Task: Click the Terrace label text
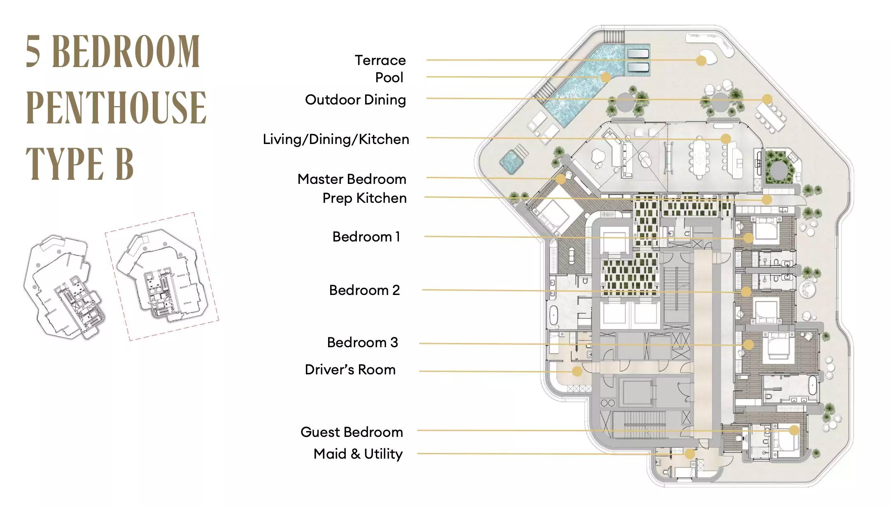point(380,60)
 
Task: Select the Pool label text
point(389,78)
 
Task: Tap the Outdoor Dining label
point(355,100)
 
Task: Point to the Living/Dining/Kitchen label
point(336,139)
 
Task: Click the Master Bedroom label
point(352,179)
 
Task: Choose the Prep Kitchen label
point(364,198)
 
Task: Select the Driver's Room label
point(350,370)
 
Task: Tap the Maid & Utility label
point(358,454)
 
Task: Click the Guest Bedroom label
point(352,432)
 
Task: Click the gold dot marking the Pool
point(606,77)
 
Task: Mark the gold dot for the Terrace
point(701,61)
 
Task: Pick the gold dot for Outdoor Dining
point(767,99)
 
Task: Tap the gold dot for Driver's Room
point(577,371)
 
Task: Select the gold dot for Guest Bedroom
point(794,431)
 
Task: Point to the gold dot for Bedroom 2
point(746,292)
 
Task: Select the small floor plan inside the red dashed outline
point(161,276)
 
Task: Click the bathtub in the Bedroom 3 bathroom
point(812,388)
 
